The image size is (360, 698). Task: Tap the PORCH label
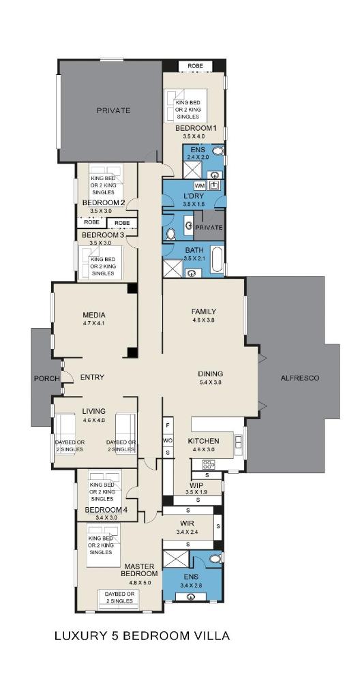click(x=47, y=378)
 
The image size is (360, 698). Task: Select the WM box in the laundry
click(x=200, y=185)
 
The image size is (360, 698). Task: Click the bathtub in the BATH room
click(x=217, y=259)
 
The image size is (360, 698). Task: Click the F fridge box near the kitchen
click(x=168, y=425)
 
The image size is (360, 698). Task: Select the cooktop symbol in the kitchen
click(x=209, y=465)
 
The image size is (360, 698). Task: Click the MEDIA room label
click(x=94, y=315)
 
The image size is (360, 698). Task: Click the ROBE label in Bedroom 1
click(x=195, y=66)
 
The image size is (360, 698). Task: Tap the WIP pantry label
click(x=197, y=485)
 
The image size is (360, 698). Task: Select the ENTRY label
click(x=92, y=378)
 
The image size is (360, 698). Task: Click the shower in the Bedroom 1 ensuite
click(x=192, y=170)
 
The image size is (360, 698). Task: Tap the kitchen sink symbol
click(x=239, y=442)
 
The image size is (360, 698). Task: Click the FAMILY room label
click(x=204, y=312)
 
